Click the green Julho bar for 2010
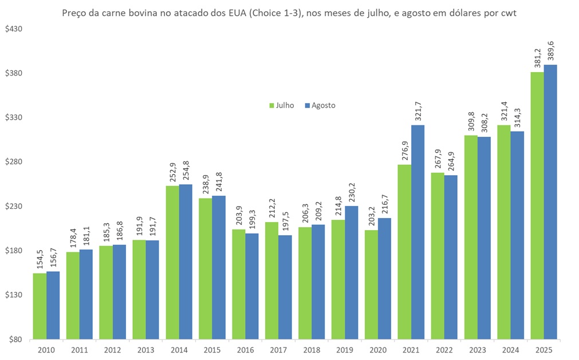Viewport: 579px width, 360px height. (40, 306)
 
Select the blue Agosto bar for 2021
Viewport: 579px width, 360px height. (417, 232)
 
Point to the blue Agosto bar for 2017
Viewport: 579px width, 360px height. (285, 287)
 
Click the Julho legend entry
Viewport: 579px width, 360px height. (282, 105)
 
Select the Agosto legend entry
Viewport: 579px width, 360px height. (320, 105)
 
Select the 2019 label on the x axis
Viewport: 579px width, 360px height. (345, 349)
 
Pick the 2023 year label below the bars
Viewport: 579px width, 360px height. (478, 349)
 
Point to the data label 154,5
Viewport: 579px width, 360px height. (40, 260)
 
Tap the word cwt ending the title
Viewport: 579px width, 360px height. (509, 14)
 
